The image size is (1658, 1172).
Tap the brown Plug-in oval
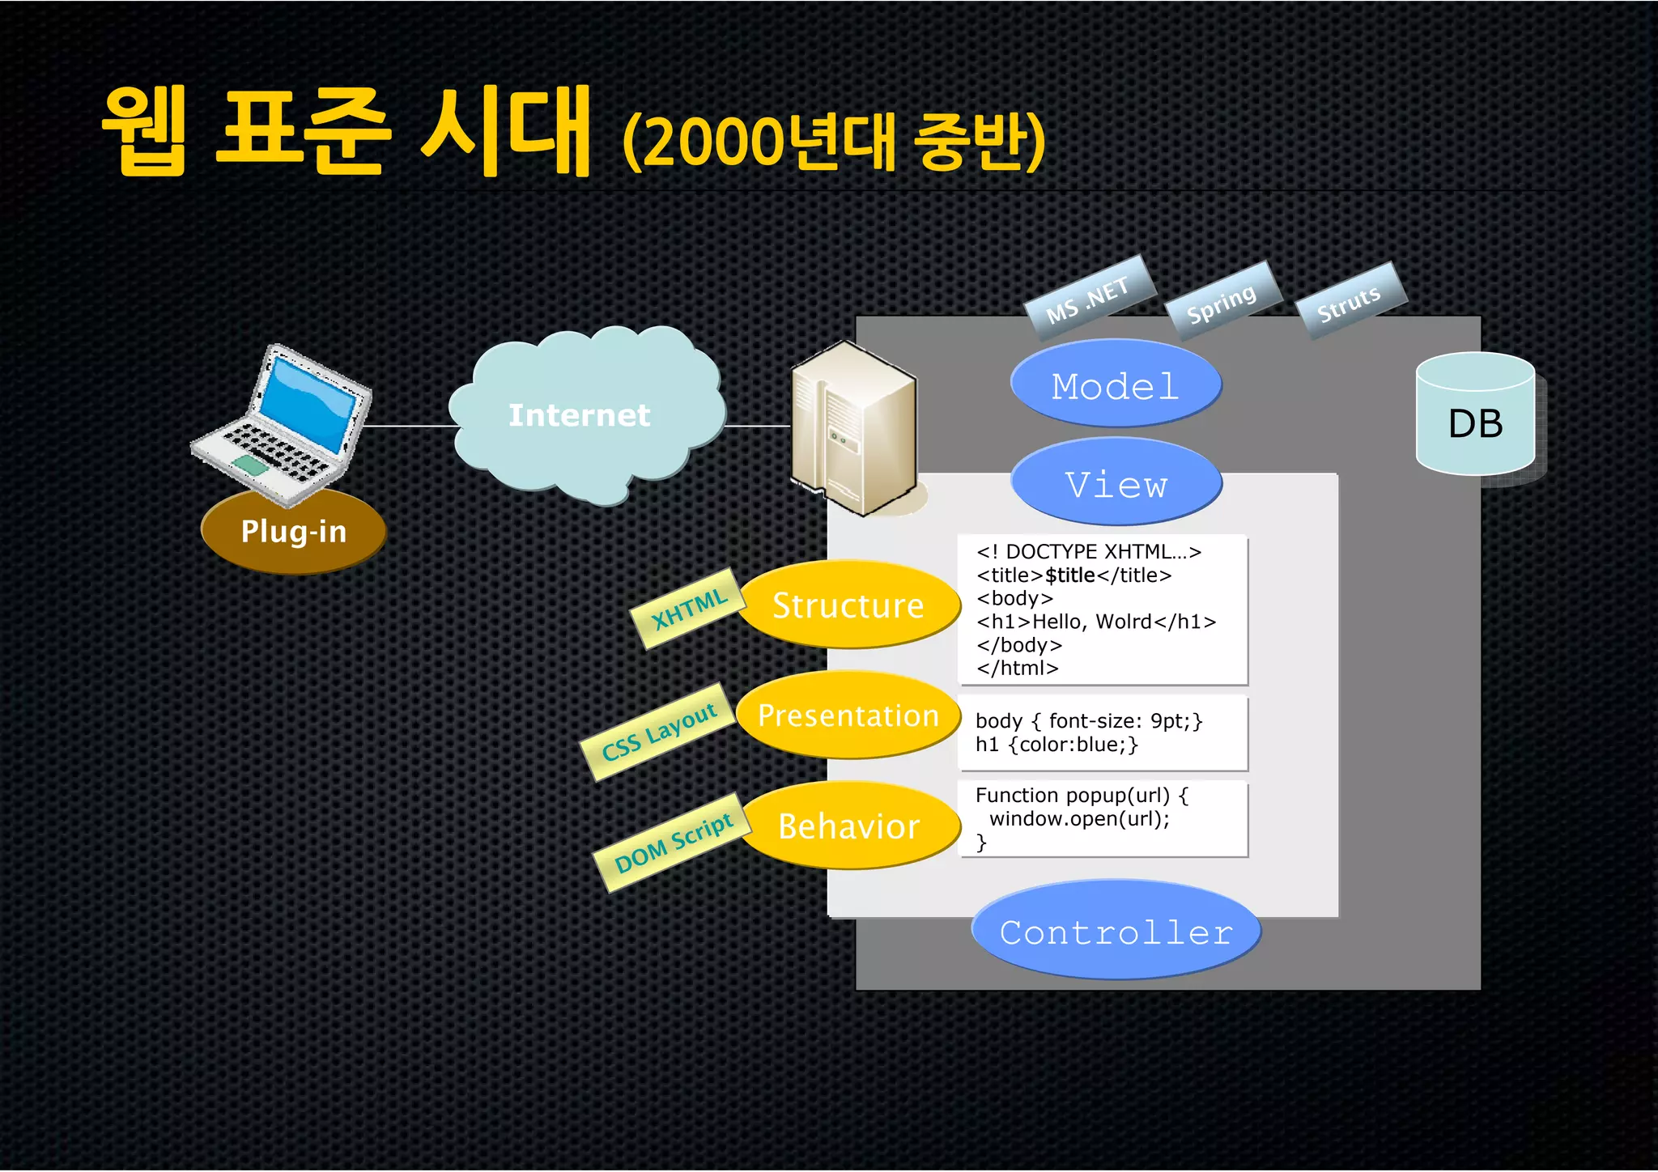click(x=293, y=532)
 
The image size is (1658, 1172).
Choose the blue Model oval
click(x=1115, y=384)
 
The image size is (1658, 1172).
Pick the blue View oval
click(x=1116, y=483)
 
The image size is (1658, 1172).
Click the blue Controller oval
click(x=1116, y=932)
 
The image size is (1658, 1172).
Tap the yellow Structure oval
click(x=848, y=605)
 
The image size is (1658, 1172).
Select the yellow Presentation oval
click(x=848, y=716)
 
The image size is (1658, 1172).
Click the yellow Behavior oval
click(x=848, y=826)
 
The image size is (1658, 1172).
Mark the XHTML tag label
click(x=688, y=609)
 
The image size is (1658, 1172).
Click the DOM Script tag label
click(x=673, y=843)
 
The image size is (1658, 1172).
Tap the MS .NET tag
click(x=1088, y=299)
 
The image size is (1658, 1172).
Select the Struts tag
click(x=1350, y=302)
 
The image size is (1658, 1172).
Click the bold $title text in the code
click(x=1069, y=575)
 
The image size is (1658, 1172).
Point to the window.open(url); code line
click(x=1079, y=818)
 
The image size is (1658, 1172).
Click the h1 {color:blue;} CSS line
click(x=1056, y=745)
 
